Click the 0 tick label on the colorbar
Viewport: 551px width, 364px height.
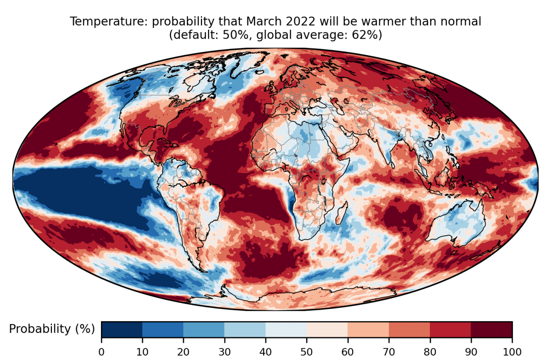pyautogui.click(x=101, y=352)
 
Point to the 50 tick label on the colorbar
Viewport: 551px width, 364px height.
pyautogui.click(x=307, y=352)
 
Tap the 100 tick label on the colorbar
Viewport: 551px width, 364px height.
pyautogui.click(x=512, y=352)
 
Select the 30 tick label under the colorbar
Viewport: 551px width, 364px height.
pyautogui.click(x=225, y=352)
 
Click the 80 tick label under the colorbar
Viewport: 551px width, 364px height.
pyautogui.click(x=430, y=352)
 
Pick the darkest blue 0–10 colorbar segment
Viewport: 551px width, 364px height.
pyautogui.click(x=122, y=329)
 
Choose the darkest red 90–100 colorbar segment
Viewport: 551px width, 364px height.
pyautogui.click(x=491, y=329)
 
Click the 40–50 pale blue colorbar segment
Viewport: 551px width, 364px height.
pyautogui.click(x=286, y=329)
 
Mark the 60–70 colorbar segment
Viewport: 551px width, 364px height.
pyautogui.click(x=368, y=329)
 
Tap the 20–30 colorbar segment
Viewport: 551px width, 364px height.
pyautogui.click(x=204, y=329)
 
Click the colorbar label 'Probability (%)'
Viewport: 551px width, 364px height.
pyautogui.click(x=52, y=329)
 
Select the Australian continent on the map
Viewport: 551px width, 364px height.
pyautogui.click(x=455, y=225)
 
